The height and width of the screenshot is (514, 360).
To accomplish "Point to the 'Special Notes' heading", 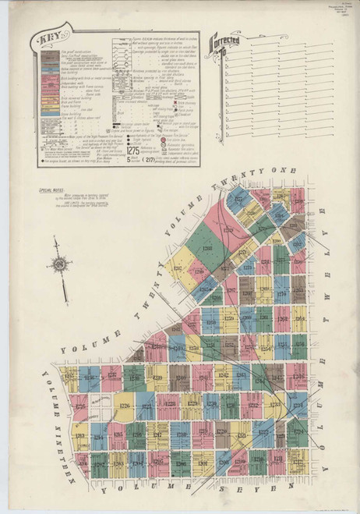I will (x=41, y=190).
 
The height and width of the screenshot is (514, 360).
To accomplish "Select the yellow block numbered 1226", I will (x=125, y=405).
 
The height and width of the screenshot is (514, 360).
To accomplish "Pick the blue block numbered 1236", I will (x=89, y=378).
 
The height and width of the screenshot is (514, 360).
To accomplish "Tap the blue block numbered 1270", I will (x=281, y=295).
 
